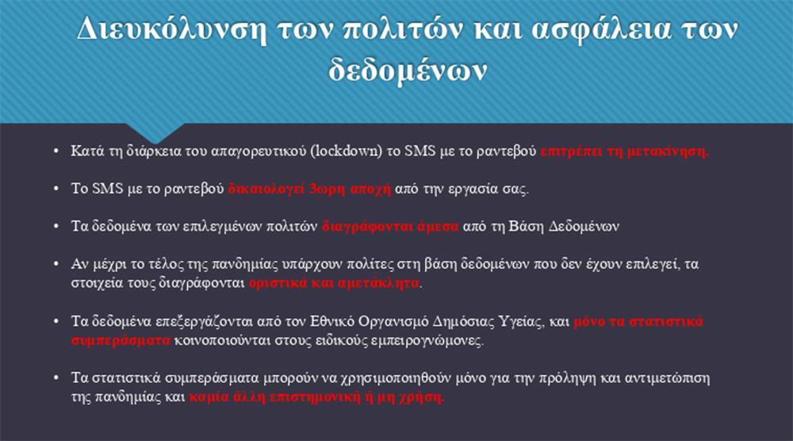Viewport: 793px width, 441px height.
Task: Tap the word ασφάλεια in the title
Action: pos(601,29)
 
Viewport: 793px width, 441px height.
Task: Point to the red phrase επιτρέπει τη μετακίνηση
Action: pos(625,151)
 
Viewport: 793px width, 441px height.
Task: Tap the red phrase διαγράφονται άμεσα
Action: pos(390,226)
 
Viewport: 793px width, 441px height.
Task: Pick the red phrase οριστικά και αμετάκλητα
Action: pos(334,282)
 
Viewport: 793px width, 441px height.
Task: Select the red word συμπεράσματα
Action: pos(121,340)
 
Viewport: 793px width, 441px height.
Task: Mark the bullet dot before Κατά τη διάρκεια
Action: pos(56,151)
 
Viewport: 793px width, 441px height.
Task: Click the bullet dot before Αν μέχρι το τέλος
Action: pos(56,263)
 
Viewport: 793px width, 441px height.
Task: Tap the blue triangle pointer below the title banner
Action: pos(155,132)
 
